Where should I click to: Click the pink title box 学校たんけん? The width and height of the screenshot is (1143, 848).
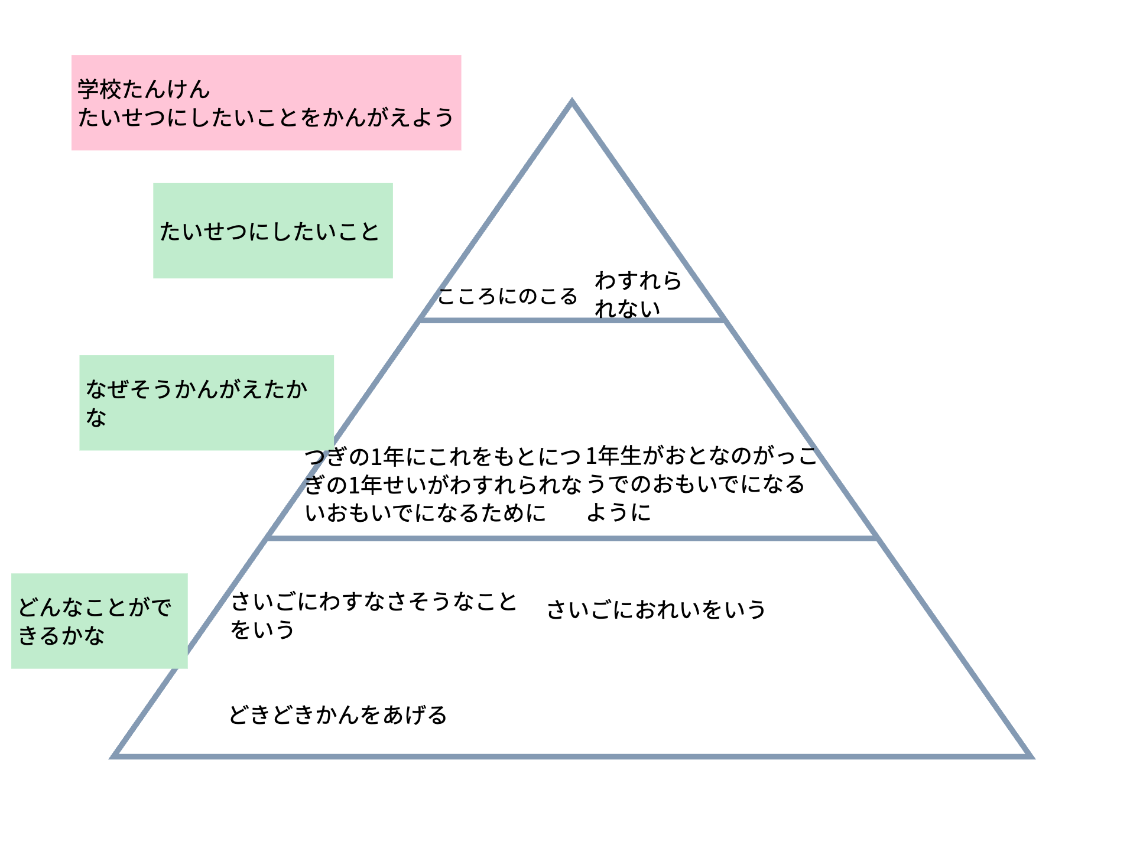point(266,103)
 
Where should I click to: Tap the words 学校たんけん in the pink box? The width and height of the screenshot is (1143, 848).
point(144,89)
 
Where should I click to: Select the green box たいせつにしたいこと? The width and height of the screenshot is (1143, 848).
point(273,230)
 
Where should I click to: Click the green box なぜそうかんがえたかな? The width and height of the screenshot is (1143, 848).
point(206,403)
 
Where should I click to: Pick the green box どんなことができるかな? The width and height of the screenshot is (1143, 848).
point(99,621)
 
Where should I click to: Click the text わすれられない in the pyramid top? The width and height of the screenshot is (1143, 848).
point(638,294)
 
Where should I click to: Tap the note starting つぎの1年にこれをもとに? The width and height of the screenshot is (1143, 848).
point(443,485)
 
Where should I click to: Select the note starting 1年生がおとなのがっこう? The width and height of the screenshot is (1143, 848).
point(702,485)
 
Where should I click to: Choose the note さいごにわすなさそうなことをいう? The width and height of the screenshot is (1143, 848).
point(374,616)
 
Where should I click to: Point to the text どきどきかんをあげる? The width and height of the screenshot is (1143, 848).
point(338,715)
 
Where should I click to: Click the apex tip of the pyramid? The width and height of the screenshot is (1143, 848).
point(571,100)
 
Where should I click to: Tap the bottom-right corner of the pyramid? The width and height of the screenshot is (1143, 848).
point(1031,756)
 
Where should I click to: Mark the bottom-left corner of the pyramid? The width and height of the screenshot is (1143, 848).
point(112,756)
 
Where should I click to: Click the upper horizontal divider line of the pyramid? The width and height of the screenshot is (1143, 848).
point(572,320)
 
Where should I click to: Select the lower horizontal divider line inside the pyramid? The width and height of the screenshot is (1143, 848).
point(572,538)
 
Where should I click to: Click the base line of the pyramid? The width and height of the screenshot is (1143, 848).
point(571,756)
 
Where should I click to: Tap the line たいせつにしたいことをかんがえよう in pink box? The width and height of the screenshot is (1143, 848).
point(266,118)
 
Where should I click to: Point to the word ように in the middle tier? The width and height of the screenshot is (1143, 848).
point(619,512)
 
